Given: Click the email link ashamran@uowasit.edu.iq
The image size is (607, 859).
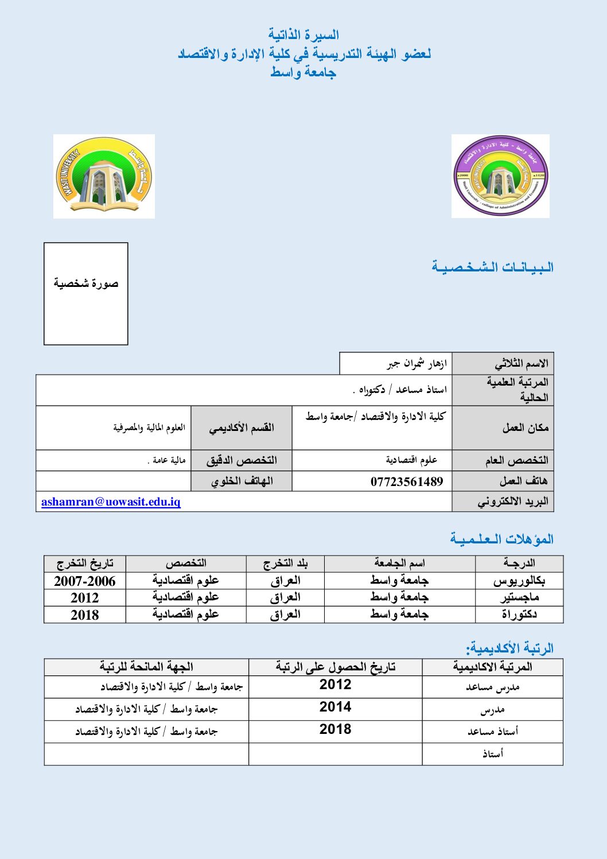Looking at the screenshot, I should coord(111,502).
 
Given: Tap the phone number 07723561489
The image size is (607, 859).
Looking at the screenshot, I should coord(406,481).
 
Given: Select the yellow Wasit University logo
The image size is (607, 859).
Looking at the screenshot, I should coord(104,177).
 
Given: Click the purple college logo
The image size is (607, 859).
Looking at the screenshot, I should coord(500,176).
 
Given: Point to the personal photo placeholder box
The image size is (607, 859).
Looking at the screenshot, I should coord(86,293).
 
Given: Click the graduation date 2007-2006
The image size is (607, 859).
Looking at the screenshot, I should coord(85,581).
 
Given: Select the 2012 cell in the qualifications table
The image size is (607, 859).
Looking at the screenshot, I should coord(85,598).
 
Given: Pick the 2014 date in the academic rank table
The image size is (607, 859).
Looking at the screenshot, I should coord(336,707).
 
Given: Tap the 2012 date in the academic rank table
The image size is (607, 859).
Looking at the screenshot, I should coord(336,685).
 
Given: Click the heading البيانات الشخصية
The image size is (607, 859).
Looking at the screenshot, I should coord(493,267).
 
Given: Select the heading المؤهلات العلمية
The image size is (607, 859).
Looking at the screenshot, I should coord(502,539).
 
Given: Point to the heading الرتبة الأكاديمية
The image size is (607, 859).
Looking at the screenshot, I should coord(509,648).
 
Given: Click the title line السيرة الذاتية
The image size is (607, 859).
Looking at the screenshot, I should coord(303,35).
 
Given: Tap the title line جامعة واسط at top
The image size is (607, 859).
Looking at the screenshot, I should coord(303,72).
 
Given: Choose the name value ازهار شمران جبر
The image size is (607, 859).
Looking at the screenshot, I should coord(417,364).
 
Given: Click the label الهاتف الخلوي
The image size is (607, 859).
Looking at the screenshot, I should coord(242,481).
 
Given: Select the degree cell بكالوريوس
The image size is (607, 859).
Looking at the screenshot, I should coord(519,581).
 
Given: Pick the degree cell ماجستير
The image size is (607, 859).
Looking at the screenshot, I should coord(519,597).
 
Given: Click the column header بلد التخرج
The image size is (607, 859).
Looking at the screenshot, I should coord(285,563).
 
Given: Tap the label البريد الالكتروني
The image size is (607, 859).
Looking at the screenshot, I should coord(513,502).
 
